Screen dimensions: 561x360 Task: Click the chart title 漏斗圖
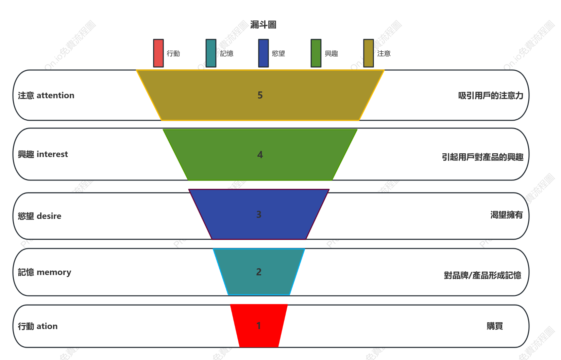pyautogui.click(x=263, y=25)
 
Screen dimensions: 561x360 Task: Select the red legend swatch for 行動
pyautogui.click(x=158, y=53)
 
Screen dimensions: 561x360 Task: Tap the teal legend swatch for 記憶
pyautogui.click(x=211, y=53)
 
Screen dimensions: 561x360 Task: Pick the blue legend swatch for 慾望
pyautogui.click(x=263, y=53)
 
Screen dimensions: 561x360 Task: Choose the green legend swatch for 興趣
pyautogui.click(x=316, y=53)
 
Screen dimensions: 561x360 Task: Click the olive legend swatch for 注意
pyautogui.click(x=369, y=53)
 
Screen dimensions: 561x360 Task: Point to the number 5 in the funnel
pyautogui.click(x=260, y=95)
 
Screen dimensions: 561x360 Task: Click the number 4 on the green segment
pyautogui.click(x=260, y=155)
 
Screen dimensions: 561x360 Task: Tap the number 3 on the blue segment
pyautogui.click(x=259, y=214)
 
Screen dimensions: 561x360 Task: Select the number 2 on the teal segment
pyautogui.click(x=259, y=272)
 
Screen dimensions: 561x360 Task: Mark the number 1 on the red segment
pyautogui.click(x=259, y=325)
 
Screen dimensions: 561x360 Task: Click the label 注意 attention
pyautogui.click(x=46, y=96)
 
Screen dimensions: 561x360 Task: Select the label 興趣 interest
pyautogui.click(x=43, y=154)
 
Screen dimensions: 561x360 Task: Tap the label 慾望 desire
pyautogui.click(x=39, y=216)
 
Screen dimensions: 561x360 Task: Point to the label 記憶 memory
pyautogui.click(x=45, y=272)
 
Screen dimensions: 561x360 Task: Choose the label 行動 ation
pyautogui.click(x=38, y=326)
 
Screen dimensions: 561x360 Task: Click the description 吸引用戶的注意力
pyautogui.click(x=491, y=96)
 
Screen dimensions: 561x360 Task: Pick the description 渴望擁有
pyautogui.click(x=507, y=215)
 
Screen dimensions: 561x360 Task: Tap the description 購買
pyautogui.click(x=495, y=326)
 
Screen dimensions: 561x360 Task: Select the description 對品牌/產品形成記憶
pyautogui.click(x=482, y=275)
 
